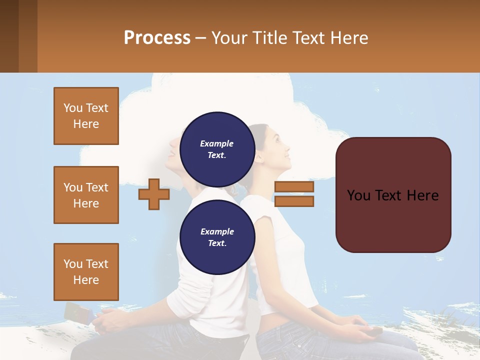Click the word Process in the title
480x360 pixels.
click(x=157, y=38)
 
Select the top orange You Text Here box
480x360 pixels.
click(x=86, y=116)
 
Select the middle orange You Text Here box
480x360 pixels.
click(x=86, y=195)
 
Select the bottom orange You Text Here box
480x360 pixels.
click(x=86, y=272)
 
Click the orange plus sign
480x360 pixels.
click(x=154, y=194)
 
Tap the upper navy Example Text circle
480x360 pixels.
click(x=217, y=149)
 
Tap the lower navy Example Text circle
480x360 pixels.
click(x=217, y=237)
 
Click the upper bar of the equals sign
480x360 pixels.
click(x=294, y=187)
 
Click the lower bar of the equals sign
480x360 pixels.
click(x=294, y=201)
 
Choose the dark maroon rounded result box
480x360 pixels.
click(x=393, y=195)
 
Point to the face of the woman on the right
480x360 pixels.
click(x=278, y=148)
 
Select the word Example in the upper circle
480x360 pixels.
click(x=217, y=143)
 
